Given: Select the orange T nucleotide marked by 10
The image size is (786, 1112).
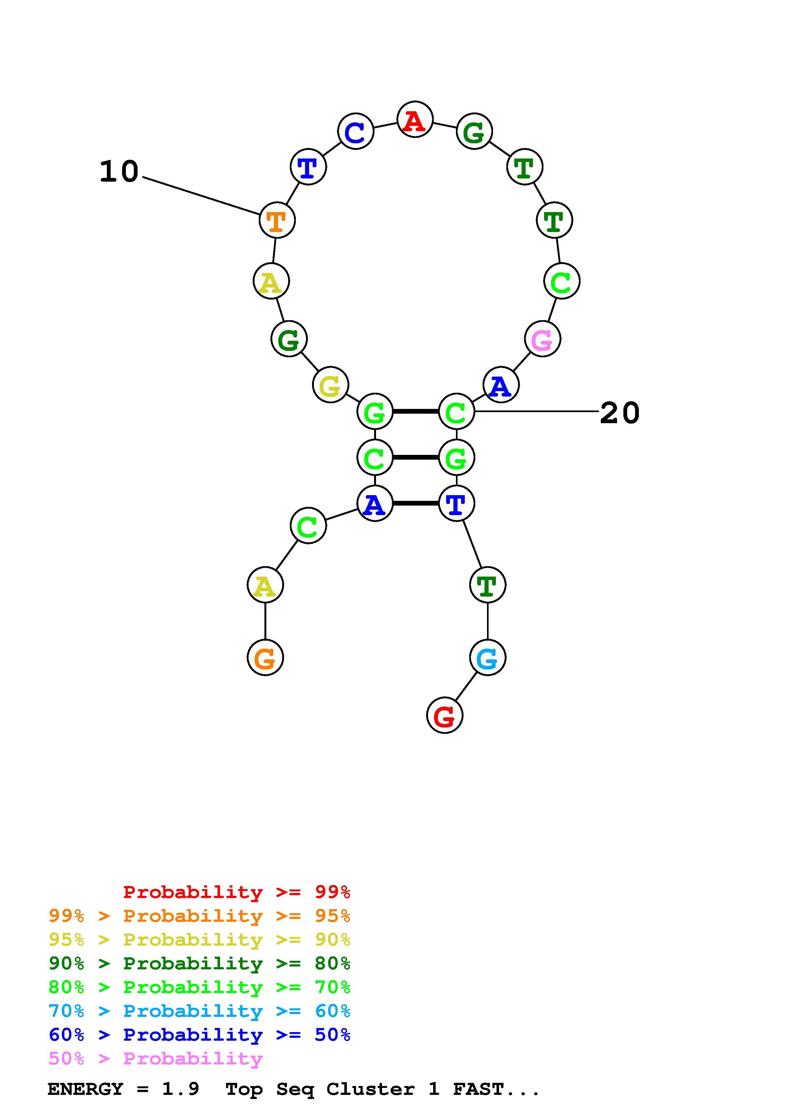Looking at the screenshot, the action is (x=277, y=220).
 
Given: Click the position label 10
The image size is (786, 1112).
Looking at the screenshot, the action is (x=119, y=172).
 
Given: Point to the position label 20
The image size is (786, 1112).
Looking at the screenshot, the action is (x=620, y=413).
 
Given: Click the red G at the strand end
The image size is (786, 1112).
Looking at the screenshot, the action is (x=445, y=715).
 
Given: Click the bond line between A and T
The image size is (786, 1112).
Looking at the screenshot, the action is (x=416, y=503).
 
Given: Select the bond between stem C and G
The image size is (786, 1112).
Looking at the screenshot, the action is (x=416, y=457).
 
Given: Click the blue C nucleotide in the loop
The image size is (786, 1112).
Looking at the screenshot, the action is (x=355, y=131).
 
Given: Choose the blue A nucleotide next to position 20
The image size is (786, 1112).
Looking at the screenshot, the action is (x=501, y=385).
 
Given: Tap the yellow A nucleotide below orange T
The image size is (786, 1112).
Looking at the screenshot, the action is (x=271, y=281).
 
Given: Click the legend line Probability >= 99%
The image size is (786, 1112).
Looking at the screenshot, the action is (x=237, y=892).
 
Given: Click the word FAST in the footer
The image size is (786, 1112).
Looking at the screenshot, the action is (x=478, y=1089).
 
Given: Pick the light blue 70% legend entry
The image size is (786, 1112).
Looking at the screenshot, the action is (x=199, y=1011).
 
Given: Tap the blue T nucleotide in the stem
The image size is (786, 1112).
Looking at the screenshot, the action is (x=456, y=503).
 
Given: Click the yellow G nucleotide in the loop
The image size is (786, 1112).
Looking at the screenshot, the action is (x=330, y=385).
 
